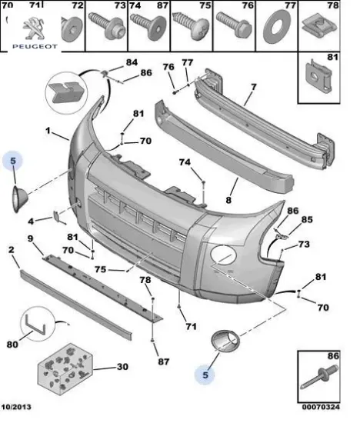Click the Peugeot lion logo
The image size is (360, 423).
[x=33, y=28]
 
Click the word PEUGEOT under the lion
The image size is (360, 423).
[x=35, y=47]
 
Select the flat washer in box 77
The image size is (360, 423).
[x=276, y=27]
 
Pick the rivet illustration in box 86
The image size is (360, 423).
[x=319, y=378]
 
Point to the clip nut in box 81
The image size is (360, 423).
[x=318, y=77]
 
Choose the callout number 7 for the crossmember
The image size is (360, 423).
[x=253, y=88]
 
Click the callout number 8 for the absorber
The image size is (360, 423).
[x=228, y=200]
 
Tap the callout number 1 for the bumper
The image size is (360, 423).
[x=48, y=131]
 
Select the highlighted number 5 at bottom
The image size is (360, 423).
[x=205, y=375]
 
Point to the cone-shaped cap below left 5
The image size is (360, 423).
[x=19, y=199]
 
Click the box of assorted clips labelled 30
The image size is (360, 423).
[x=65, y=369]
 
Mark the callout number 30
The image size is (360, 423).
[x=122, y=367]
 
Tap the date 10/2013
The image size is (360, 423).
[x=16, y=407]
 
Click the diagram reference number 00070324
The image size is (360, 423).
[x=321, y=407]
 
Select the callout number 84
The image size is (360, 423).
[x=132, y=62]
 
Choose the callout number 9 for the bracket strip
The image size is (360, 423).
[x=30, y=238]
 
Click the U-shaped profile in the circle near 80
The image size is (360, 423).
[x=35, y=325]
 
